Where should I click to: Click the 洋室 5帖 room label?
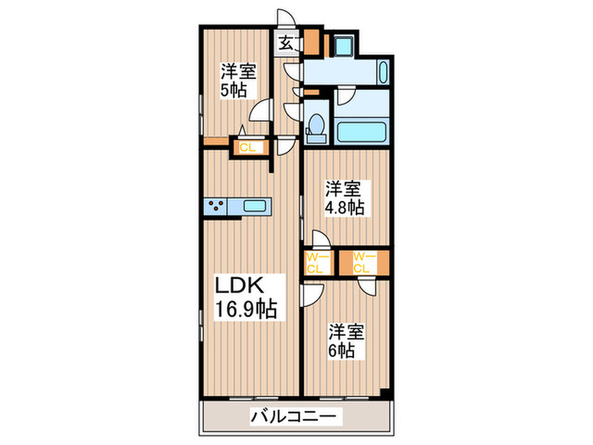pos(239,81)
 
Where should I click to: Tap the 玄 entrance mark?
pos(286,42)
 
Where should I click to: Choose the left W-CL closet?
pos(317,262)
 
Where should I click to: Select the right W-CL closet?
pos(363,262)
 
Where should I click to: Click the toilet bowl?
pos(317,125)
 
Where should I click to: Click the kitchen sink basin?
pos(255,205)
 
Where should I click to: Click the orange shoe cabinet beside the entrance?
pos(312,41)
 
